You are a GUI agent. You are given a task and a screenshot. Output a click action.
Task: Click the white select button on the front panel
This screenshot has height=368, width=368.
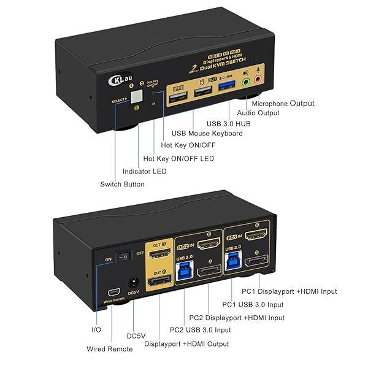(x=136, y=97)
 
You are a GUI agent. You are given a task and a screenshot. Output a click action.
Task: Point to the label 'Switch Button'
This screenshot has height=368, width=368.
(x=123, y=184)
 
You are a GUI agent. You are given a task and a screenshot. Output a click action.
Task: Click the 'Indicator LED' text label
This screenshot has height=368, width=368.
(x=145, y=171)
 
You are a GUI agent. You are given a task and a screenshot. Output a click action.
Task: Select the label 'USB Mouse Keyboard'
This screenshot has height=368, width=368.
(x=207, y=133)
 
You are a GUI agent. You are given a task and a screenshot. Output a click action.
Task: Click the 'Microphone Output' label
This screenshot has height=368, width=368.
(x=287, y=104)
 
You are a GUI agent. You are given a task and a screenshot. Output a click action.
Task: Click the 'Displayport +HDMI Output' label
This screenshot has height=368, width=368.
(x=186, y=343)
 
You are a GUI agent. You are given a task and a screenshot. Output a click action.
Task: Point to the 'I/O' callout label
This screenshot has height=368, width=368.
(x=96, y=329)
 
